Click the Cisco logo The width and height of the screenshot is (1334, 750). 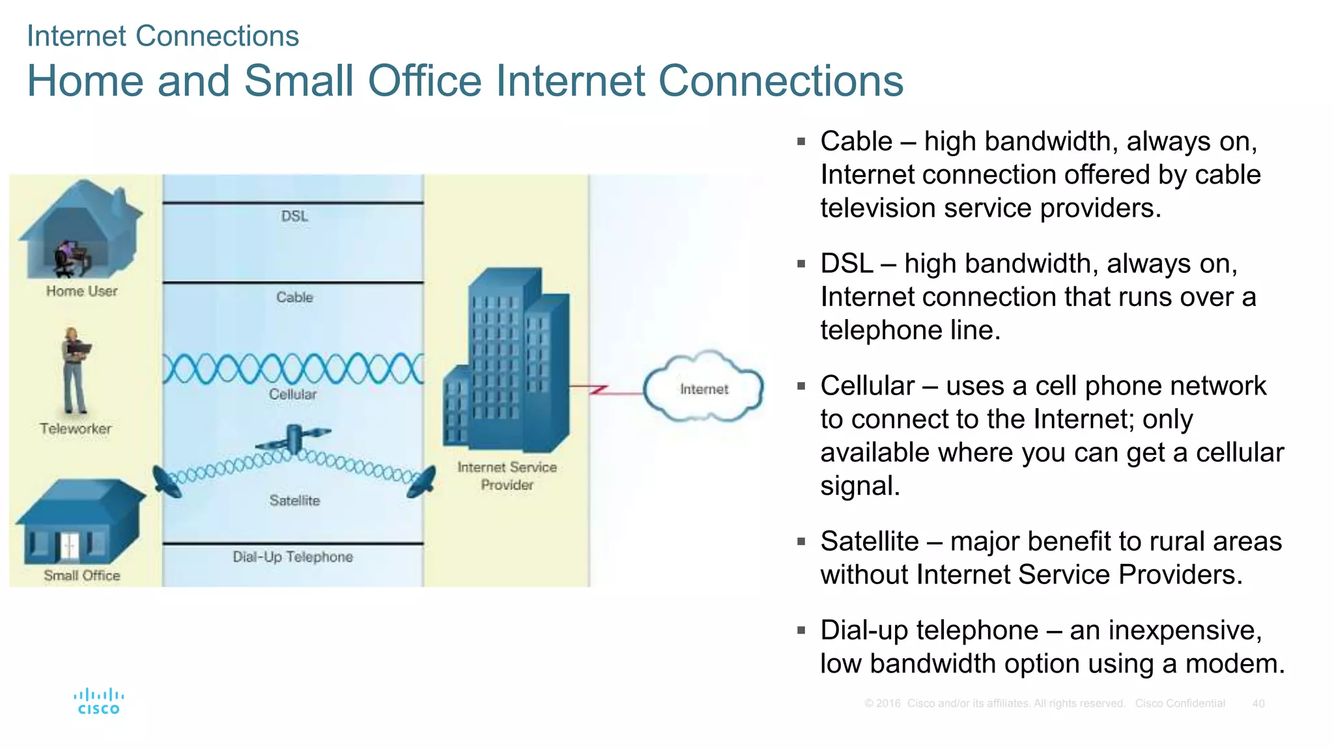coord(98,702)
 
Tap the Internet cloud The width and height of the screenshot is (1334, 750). coord(703,388)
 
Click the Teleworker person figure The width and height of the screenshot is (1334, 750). coord(74,371)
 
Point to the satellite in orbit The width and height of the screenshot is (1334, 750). coord(294,439)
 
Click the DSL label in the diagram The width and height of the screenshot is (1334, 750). coord(294,216)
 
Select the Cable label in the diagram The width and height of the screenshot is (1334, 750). coord(294,298)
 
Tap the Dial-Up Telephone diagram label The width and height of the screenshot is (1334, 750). coord(293,557)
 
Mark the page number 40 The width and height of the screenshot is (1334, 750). coord(1258,704)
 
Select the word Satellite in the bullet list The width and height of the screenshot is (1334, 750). coord(869,542)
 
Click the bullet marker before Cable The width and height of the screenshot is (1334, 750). coord(801,141)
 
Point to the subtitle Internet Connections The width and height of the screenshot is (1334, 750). coord(163,36)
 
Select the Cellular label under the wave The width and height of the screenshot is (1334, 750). coord(293,395)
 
